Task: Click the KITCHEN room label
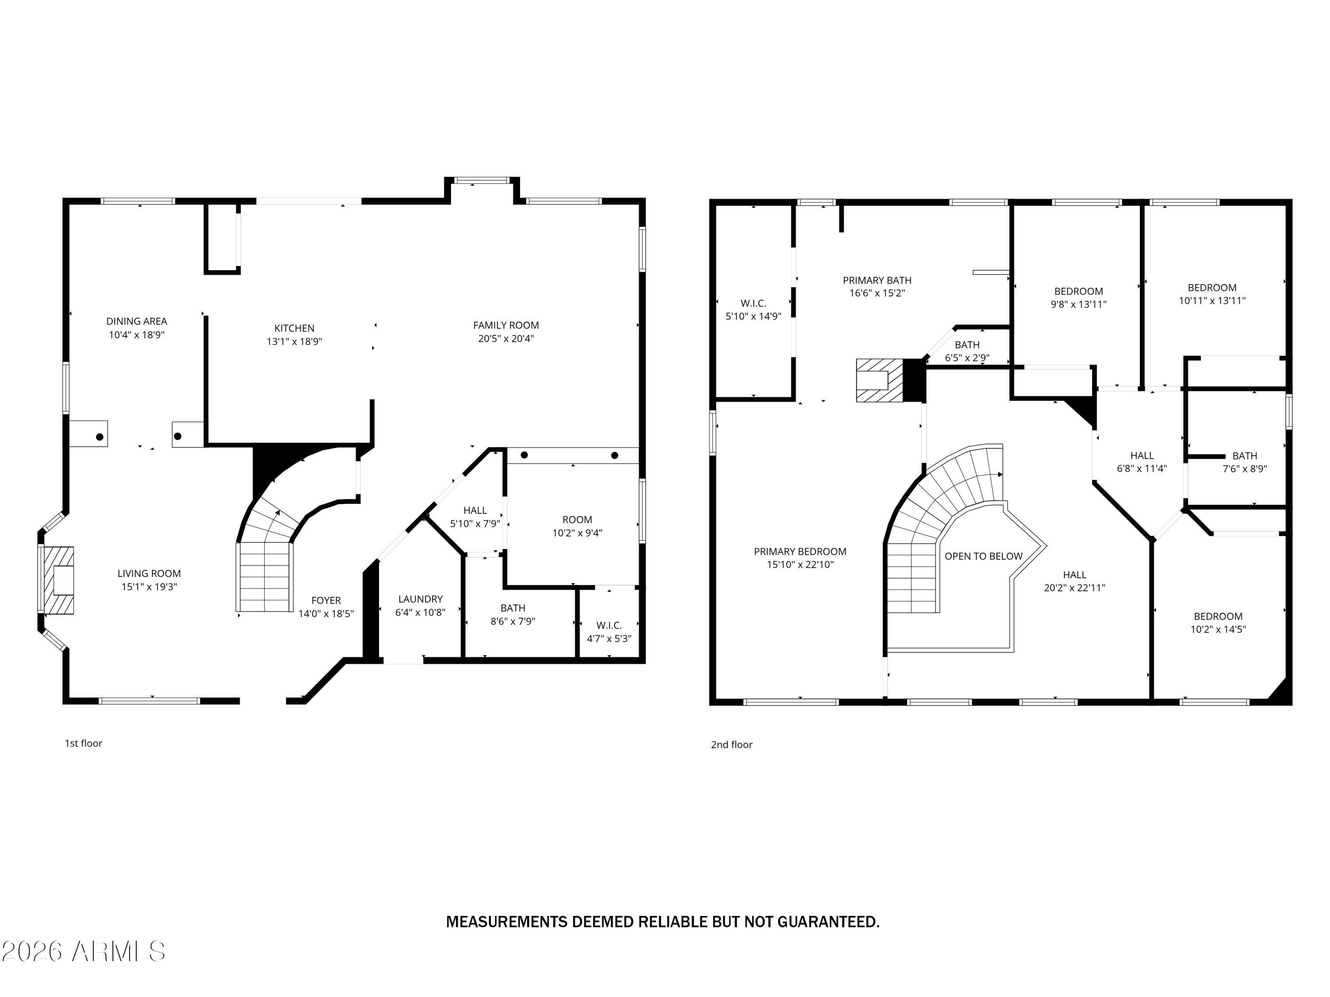coord(294,328)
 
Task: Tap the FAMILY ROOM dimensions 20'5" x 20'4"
coord(506,339)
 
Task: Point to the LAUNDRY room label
coord(420,599)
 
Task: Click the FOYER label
coord(326,600)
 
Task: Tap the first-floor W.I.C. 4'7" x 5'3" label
coord(609,631)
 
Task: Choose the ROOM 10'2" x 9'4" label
coord(577,526)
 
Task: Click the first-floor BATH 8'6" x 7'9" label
coord(513,614)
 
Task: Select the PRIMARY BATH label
coord(876,280)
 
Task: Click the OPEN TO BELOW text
coord(983,556)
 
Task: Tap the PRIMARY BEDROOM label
coord(800,551)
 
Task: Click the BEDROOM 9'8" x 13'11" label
coord(1078,297)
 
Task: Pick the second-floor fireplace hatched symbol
coord(880,380)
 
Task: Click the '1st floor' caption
coord(84,744)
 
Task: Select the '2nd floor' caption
coord(731,744)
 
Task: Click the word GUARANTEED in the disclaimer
coord(828,922)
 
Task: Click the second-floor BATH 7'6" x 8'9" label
coord(1244,462)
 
